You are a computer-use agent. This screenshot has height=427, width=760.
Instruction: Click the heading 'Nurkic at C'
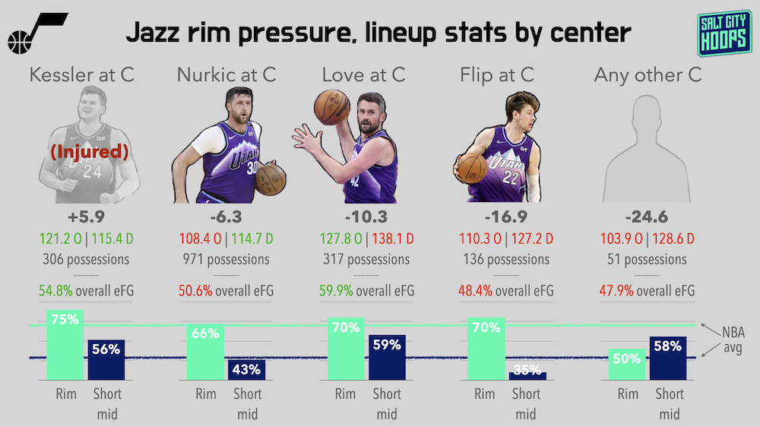[x=226, y=74]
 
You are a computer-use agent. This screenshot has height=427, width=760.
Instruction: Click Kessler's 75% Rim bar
[x=65, y=346]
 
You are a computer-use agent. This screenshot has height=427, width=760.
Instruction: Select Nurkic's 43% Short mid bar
[x=246, y=370]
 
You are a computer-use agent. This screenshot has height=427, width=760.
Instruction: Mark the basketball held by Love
[x=331, y=106]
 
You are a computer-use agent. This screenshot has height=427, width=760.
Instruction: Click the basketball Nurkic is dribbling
[x=271, y=178]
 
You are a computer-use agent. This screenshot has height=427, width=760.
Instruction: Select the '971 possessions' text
[x=226, y=259]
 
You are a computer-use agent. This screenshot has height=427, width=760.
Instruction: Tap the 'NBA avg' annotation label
[x=732, y=341]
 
